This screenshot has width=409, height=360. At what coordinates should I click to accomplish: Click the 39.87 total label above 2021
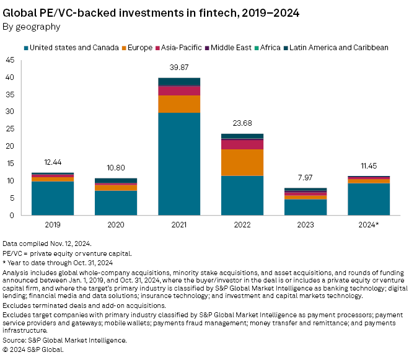tap(179, 67)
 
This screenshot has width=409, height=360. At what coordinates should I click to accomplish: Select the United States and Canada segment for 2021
tap(179, 164)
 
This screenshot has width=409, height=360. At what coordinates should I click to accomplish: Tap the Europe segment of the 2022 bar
tap(242, 162)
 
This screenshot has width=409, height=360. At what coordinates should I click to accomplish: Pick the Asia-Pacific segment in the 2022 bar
tap(242, 144)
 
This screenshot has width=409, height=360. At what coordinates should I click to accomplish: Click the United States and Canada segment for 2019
tap(53, 198)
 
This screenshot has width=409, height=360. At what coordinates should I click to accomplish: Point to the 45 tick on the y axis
tap(10, 60)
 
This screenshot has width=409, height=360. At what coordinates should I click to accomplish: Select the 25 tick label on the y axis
tap(10, 130)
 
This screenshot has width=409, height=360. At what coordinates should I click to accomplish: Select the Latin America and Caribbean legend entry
tap(335, 47)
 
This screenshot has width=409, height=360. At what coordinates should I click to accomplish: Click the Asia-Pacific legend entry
tap(180, 47)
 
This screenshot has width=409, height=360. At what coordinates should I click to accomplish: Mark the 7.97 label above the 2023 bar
tap(306, 178)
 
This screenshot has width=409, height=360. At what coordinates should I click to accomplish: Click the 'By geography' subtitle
tap(32, 27)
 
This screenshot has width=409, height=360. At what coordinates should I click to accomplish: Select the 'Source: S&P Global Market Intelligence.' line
tap(64, 340)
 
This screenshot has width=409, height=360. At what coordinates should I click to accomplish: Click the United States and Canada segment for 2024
tap(369, 200)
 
